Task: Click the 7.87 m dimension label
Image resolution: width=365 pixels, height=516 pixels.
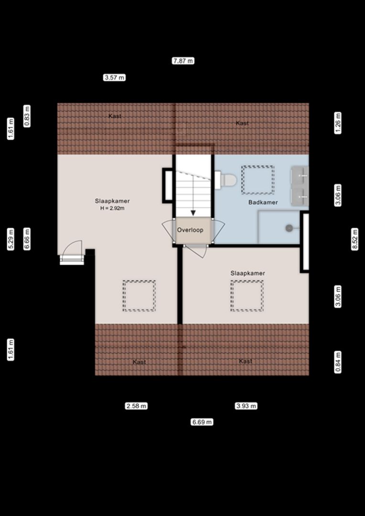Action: (183, 61)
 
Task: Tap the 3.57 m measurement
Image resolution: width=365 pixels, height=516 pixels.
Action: (114, 78)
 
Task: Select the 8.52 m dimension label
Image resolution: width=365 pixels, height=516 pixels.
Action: (354, 239)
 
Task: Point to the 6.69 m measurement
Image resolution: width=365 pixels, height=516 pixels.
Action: (202, 422)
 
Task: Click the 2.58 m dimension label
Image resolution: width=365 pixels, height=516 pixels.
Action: (136, 406)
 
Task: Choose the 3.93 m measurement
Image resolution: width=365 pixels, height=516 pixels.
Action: (246, 406)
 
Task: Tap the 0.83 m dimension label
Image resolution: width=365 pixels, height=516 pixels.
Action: (27, 116)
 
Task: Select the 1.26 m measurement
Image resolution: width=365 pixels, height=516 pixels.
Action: (338, 123)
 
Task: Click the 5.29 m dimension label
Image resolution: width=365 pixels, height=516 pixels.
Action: (11, 239)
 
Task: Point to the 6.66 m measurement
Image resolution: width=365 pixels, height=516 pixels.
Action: (27, 239)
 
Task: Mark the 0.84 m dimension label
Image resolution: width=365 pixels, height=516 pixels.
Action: (338, 362)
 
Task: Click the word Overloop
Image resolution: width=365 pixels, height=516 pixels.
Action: (190, 230)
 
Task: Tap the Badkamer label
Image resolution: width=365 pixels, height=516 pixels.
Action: (263, 203)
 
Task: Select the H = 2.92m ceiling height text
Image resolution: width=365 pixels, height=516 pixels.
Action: (112, 208)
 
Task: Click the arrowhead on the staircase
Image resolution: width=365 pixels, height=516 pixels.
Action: (193, 213)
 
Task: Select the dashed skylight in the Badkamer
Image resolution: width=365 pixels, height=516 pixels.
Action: (258, 180)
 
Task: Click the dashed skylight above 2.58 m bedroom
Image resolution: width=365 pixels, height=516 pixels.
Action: (139, 296)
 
